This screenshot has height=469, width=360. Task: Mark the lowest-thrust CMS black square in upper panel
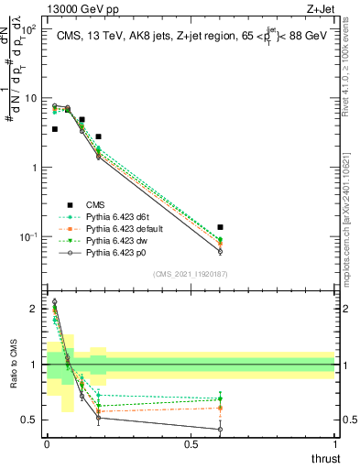pos(55,129)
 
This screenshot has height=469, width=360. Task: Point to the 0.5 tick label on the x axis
pos(191,444)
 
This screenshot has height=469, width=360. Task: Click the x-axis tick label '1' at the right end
pos(334,444)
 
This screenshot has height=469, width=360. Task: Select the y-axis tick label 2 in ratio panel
pos(35,309)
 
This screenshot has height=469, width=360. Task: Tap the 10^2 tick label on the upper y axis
pos(28,29)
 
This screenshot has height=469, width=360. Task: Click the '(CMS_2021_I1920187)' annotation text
pos(191,273)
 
